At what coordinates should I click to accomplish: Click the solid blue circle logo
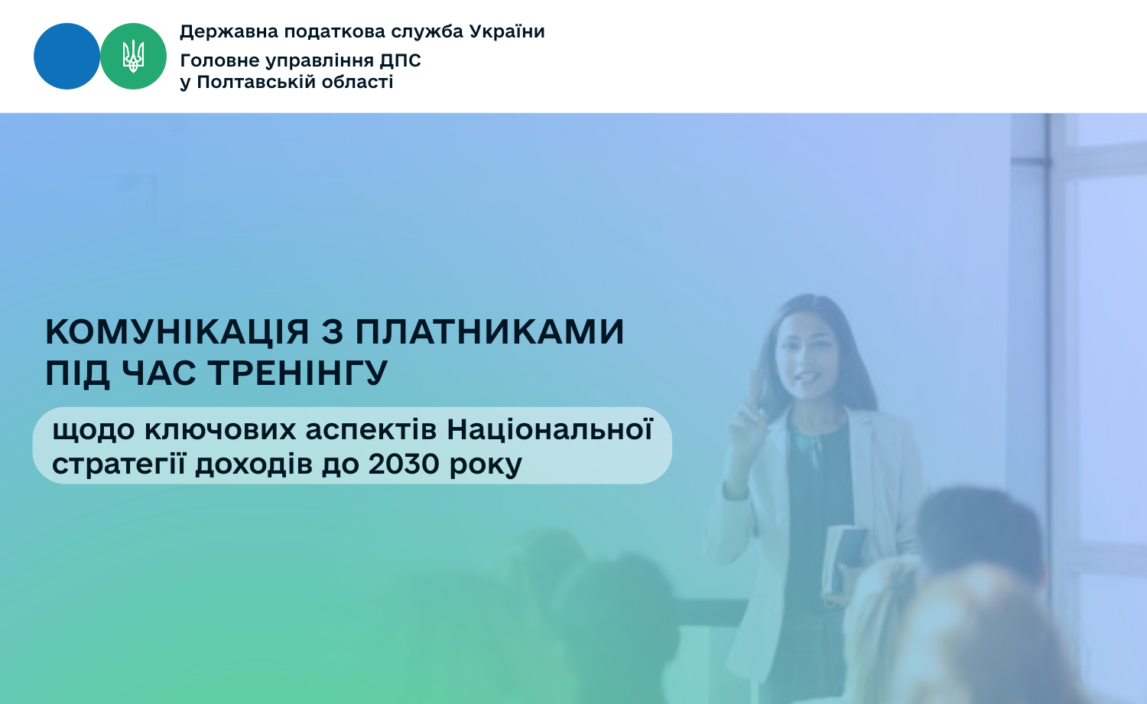(x=67, y=57)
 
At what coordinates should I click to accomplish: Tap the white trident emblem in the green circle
(x=133, y=57)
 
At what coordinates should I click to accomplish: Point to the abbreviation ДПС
(x=400, y=61)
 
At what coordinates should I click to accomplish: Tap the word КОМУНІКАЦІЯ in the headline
(x=177, y=332)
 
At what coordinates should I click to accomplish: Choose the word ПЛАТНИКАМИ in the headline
(x=489, y=332)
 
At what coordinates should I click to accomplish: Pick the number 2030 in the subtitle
(x=404, y=464)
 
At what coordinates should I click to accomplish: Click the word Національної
(x=550, y=429)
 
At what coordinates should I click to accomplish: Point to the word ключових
(x=220, y=430)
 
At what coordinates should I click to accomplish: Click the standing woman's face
(x=808, y=356)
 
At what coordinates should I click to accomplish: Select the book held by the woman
(x=844, y=561)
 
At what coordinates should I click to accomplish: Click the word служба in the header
(x=427, y=32)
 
